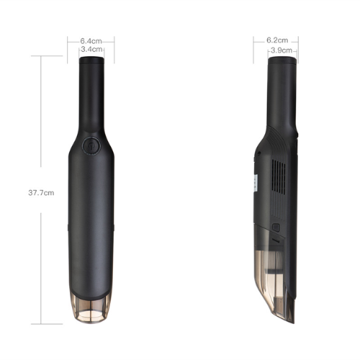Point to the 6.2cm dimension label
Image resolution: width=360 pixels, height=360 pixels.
click(x=278, y=40)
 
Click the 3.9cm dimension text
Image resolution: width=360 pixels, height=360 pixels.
click(x=282, y=50)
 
